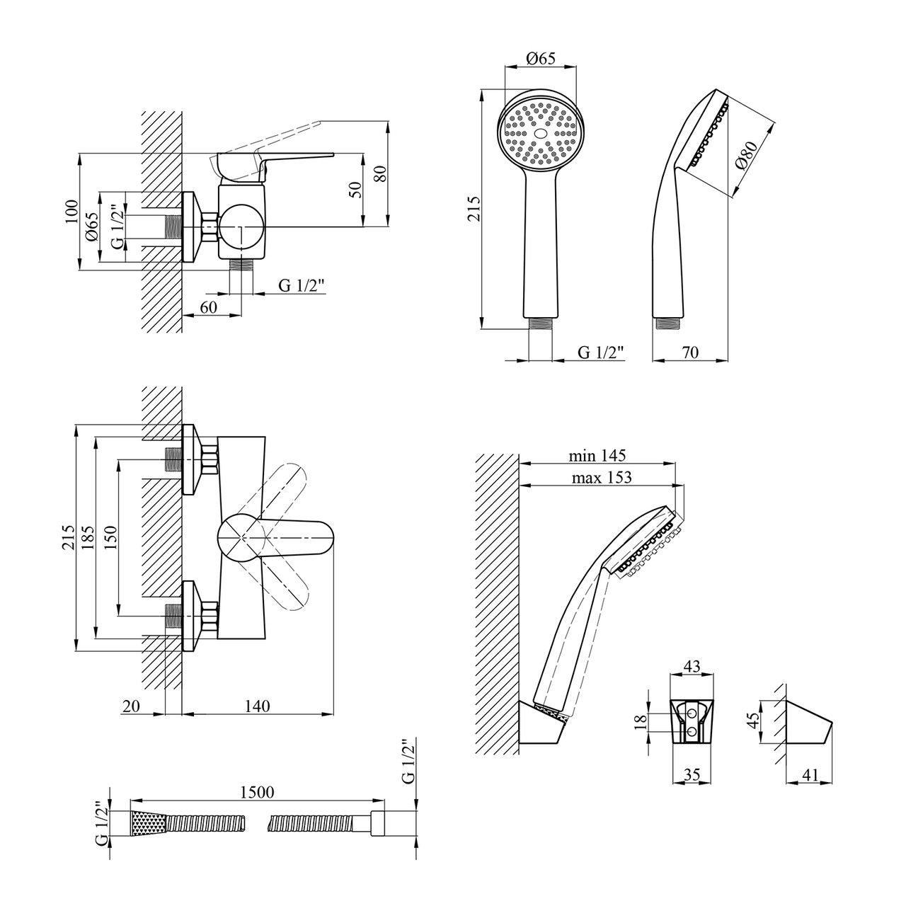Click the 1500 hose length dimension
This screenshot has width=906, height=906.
[256, 792]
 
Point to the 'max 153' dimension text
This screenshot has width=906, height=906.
[602, 477]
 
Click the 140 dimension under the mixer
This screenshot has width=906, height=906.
[257, 706]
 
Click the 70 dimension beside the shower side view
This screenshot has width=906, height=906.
[692, 352]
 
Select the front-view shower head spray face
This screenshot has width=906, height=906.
[540, 132]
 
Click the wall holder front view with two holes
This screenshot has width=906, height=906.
[690, 721]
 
